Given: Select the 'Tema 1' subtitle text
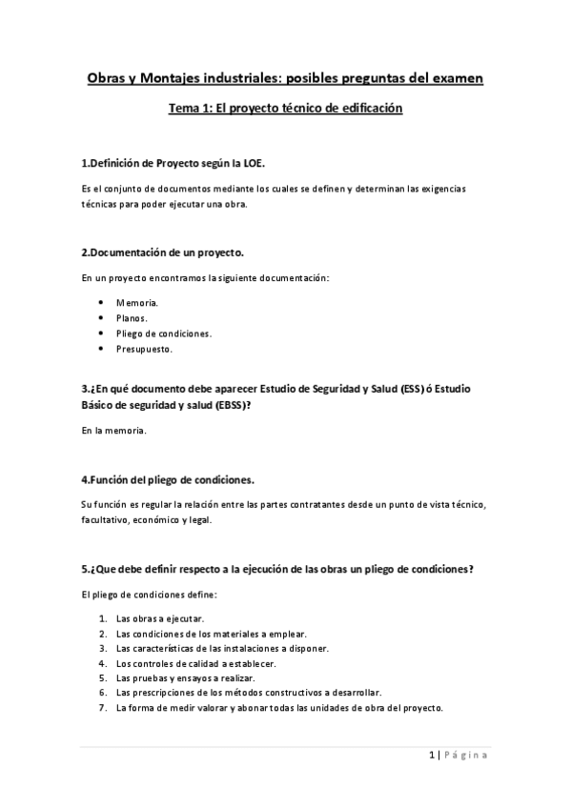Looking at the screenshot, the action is [285, 110].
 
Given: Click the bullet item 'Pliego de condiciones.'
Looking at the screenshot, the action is [164, 333].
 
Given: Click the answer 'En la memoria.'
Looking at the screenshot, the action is [113, 432].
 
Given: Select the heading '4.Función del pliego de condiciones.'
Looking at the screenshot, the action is [168, 478].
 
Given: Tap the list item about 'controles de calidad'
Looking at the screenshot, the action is [196, 663].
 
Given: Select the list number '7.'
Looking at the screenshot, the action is [102, 708].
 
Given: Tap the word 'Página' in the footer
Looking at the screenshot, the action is [467, 756].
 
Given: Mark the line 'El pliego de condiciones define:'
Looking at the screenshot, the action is [150, 595].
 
